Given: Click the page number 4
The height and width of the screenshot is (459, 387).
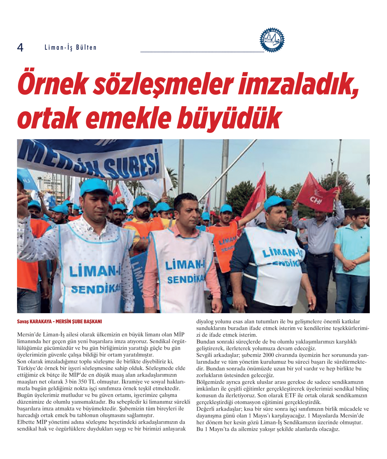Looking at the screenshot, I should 20,48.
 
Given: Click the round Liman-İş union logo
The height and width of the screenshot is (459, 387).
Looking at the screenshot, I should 272,40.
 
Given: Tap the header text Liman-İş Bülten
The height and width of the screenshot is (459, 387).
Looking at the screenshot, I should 70,48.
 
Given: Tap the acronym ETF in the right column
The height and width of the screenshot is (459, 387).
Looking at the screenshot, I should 290,395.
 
